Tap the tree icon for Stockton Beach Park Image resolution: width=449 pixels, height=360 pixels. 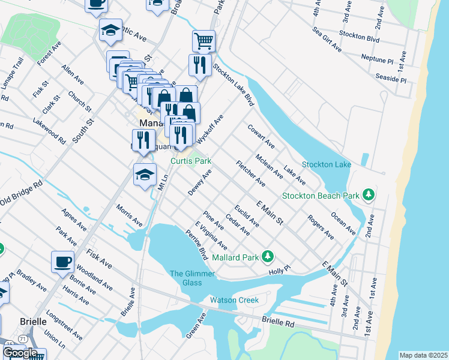(x=369, y=195)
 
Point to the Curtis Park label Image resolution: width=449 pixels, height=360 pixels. (x=191, y=161)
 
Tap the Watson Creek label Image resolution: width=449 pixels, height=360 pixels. (x=234, y=300)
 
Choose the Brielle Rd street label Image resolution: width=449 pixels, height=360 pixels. (x=278, y=322)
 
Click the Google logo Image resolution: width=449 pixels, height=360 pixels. (x=20, y=353)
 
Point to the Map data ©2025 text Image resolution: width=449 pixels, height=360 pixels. (x=423, y=355)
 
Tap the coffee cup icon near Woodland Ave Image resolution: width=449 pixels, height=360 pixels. (x=63, y=262)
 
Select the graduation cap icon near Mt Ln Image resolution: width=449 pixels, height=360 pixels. (x=144, y=175)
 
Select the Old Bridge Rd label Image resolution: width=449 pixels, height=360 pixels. (x=21, y=193)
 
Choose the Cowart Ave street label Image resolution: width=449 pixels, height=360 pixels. (x=261, y=137)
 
